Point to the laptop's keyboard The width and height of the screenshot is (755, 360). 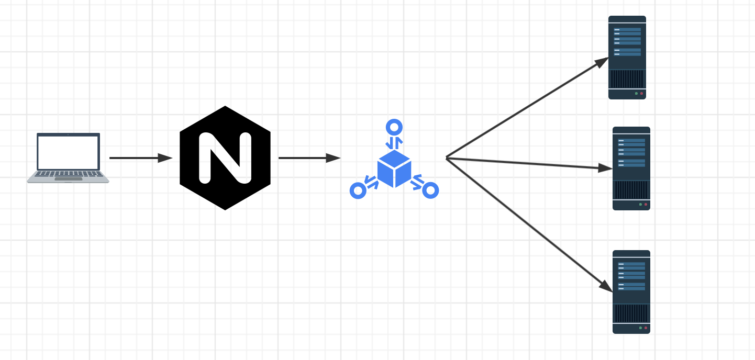tap(68, 174)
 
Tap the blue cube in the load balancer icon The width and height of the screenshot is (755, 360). tap(394, 168)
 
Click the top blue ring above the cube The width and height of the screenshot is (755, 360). tap(394, 127)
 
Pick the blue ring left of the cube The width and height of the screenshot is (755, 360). tap(358, 190)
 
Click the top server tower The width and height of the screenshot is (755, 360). tap(627, 58)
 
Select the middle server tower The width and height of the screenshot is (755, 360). tap(631, 168)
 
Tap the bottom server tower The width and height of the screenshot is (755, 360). tap(631, 292)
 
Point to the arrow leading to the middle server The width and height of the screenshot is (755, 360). tap(529, 163)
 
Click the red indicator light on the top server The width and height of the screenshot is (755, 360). tap(641, 94)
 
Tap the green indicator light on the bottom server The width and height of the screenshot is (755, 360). tap(640, 328)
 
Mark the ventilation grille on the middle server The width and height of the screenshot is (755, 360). tap(631, 190)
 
